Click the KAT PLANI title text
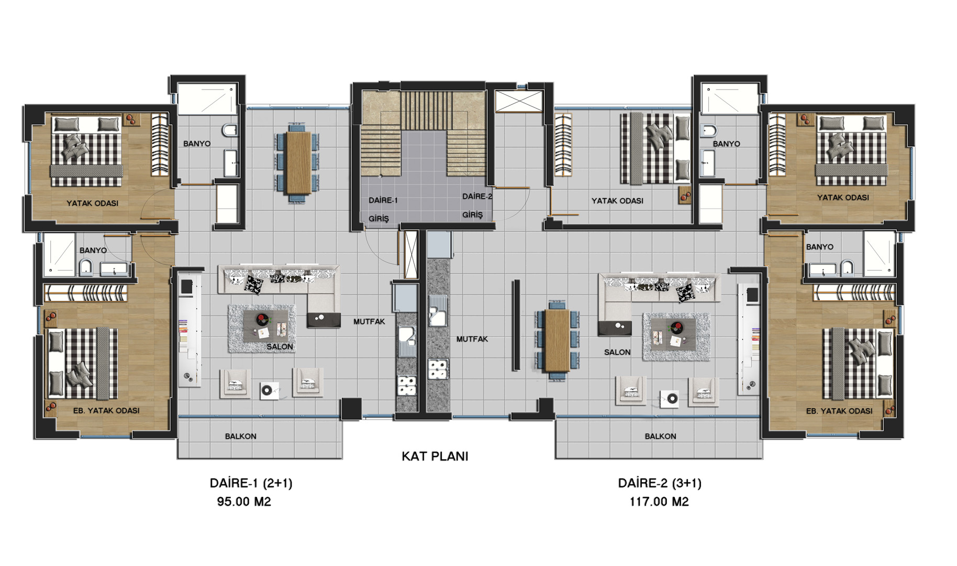pyautogui.click(x=435, y=456)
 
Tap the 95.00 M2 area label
pyautogui.click(x=244, y=502)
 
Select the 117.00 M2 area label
pyautogui.click(x=659, y=502)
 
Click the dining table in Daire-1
pyautogui.click(x=298, y=162)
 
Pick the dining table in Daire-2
pyautogui.click(x=557, y=340)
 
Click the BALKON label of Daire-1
pyautogui.click(x=240, y=436)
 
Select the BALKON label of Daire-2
pyautogui.click(x=660, y=436)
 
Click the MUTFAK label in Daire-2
pyautogui.click(x=472, y=339)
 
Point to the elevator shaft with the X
pyautogui.click(x=519, y=101)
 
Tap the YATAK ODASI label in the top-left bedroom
pyautogui.click(x=92, y=203)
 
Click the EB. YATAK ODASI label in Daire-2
pyautogui.click(x=839, y=411)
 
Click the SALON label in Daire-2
pyautogui.click(x=617, y=352)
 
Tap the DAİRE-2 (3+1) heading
pyautogui.click(x=660, y=483)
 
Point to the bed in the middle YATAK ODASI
pyautogui.click(x=655, y=149)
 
